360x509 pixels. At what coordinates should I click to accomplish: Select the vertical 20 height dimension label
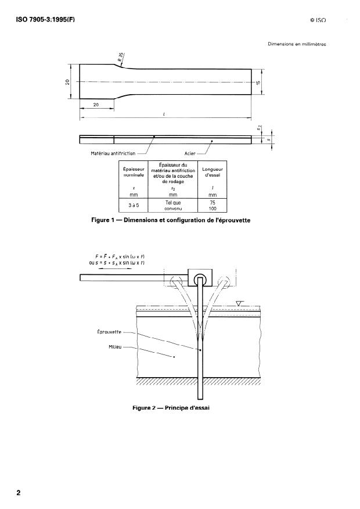click(x=69, y=82)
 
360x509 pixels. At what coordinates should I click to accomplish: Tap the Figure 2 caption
click(x=171, y=408)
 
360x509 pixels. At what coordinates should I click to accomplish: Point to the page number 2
click(x=19, y=493)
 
